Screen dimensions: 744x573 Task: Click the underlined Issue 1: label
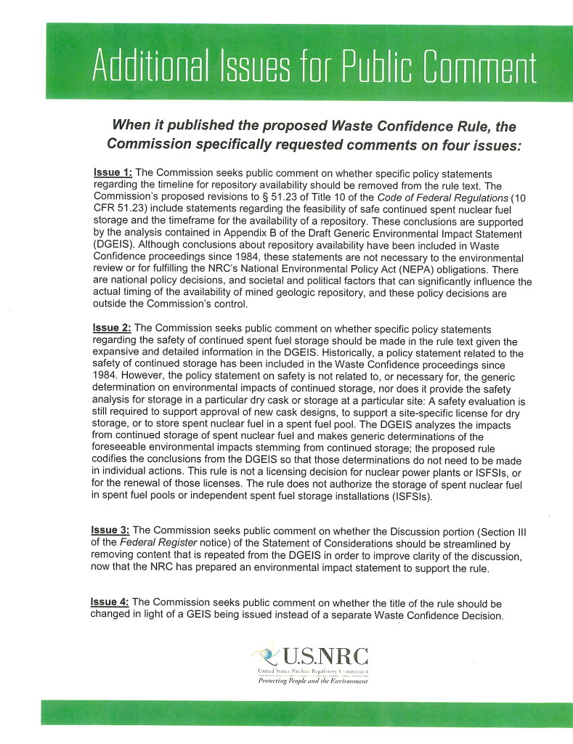tap(113, 173)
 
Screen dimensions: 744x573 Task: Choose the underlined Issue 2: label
tap(113, 329)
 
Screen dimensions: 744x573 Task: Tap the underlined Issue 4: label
tap(110, 602)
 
